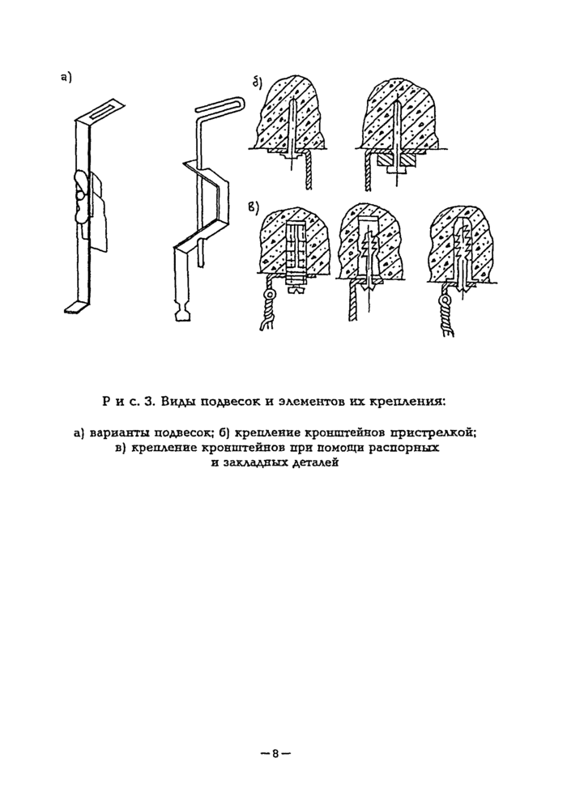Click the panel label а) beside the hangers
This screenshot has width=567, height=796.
point(66,78)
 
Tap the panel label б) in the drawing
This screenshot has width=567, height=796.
point(258,82)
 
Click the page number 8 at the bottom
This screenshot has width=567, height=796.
point(275,753)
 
